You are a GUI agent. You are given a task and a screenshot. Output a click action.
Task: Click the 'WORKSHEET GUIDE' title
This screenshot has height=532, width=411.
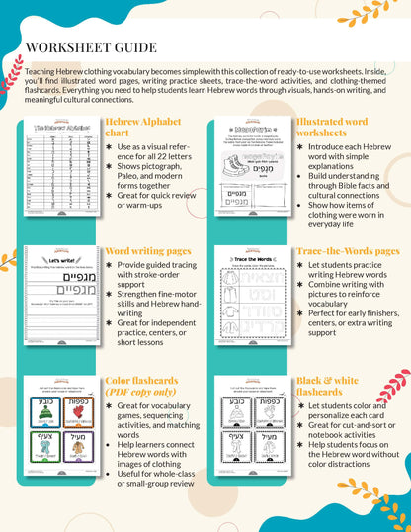(90, 47)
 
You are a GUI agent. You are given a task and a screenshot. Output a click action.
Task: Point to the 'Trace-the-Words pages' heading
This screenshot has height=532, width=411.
(347, 251)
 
